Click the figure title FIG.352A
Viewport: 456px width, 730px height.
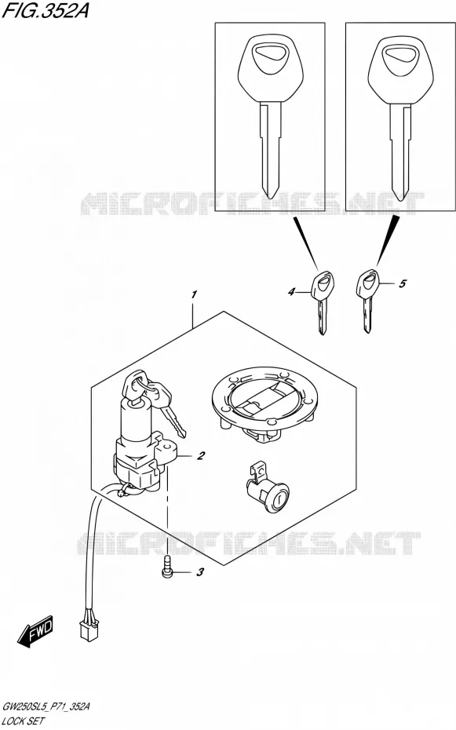point(46,10)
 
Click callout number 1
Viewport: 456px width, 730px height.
point(194,294)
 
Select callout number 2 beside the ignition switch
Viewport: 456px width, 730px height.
point(201,455)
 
